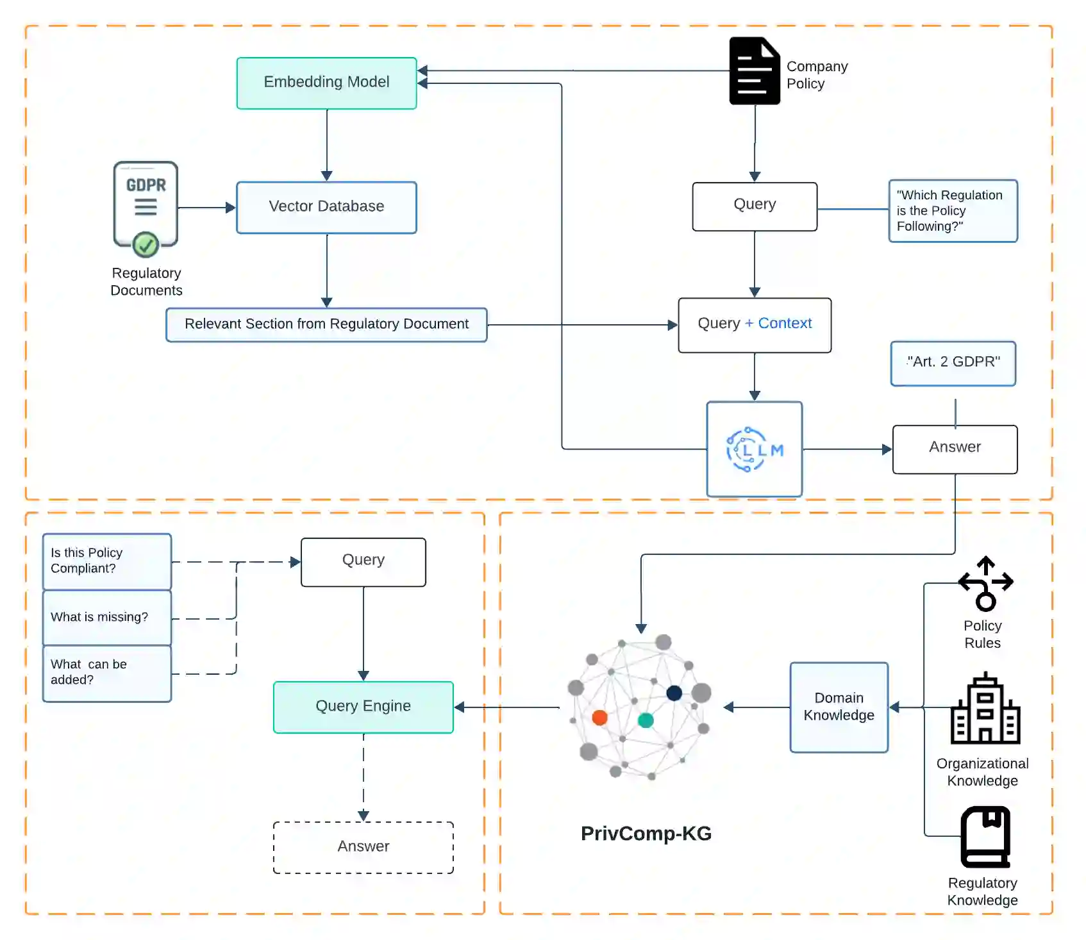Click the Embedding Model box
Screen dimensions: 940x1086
tap(326, 83)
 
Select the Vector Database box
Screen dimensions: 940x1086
tap(326, 207)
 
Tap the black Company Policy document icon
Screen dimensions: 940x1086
tap(755, 70)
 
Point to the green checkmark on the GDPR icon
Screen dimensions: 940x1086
tap(146, 244)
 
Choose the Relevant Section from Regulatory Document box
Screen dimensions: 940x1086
tap(326, 324)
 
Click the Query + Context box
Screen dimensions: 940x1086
tap(755, 324)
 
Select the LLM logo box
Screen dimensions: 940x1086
tap(755, 449)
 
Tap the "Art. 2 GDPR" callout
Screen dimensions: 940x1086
tap(953, 363)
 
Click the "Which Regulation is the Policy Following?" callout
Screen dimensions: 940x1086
tap(953, 211)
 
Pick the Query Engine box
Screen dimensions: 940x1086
tap(363, 707)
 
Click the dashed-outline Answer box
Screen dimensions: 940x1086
tap(363, 847)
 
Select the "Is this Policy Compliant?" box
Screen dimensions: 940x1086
tap(106, 561)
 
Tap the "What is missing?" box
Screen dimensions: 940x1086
tap(106, 617)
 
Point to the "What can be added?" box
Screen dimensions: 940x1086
tap(106, 673)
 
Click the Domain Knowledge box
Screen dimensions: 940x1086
tap(839, 707)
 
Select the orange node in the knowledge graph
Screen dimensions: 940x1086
tap(600, 717)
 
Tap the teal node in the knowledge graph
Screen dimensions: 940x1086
tap(646, 720)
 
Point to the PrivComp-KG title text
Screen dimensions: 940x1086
tap(646, 834)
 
